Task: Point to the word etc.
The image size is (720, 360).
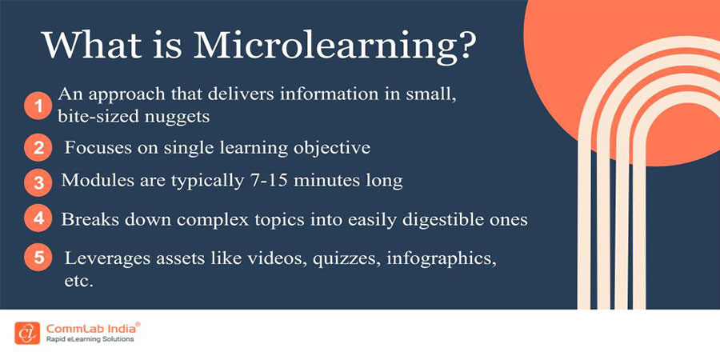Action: [80, 281]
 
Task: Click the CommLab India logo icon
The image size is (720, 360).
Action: [26, 332]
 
